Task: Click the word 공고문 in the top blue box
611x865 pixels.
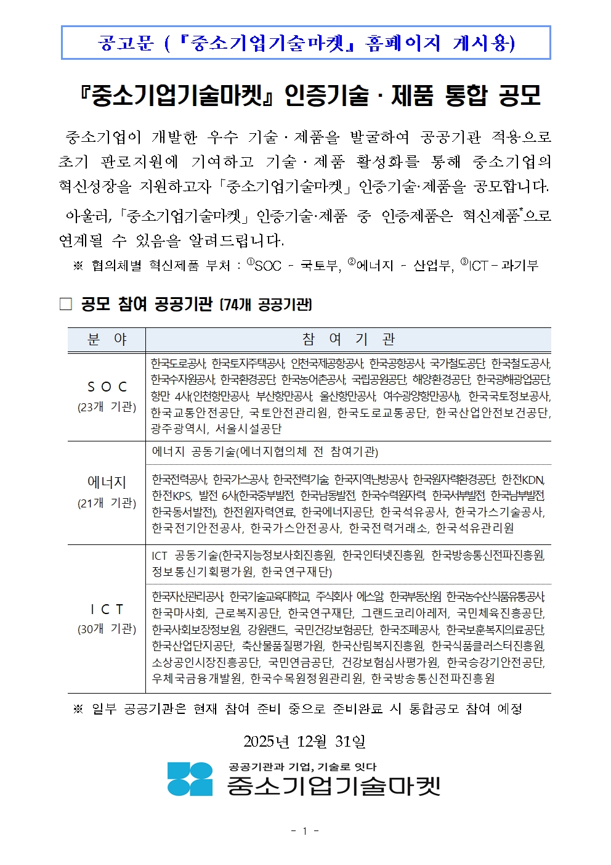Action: [x=125, y=43]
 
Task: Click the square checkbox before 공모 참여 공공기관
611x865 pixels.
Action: [x=66, y=304]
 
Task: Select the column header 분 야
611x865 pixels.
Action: [x=107, y=340]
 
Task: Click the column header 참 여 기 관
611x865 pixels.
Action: [x=348, y=340]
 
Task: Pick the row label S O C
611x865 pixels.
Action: [x=107, y=387]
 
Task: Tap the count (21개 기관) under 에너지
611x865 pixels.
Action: [x=107, y=503]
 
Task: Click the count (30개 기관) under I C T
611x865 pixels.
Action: [x=107, y=629]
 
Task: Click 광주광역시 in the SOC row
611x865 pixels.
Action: [x=179, y=428]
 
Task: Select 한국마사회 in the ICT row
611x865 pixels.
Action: [x=179, y=613]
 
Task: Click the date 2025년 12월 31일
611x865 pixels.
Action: [x=304, y=741]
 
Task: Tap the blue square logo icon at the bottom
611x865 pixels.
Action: [x=190, y=779]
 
